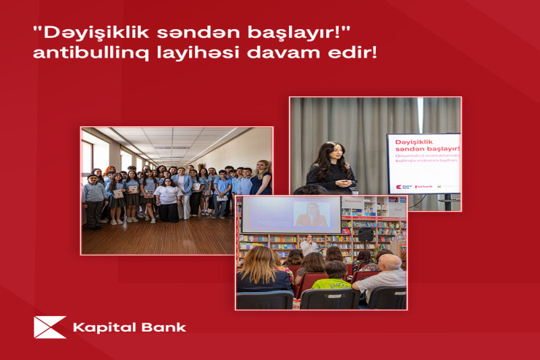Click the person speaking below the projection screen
click(x=311, y=245)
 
